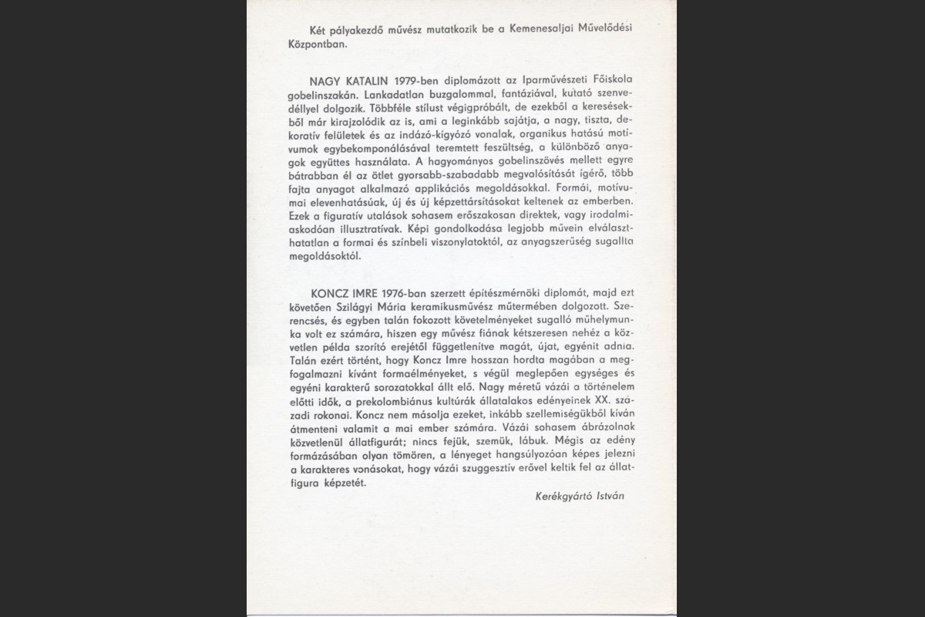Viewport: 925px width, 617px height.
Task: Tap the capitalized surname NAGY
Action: [321, 80]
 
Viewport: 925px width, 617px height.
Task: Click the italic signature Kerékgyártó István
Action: [579, 497]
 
